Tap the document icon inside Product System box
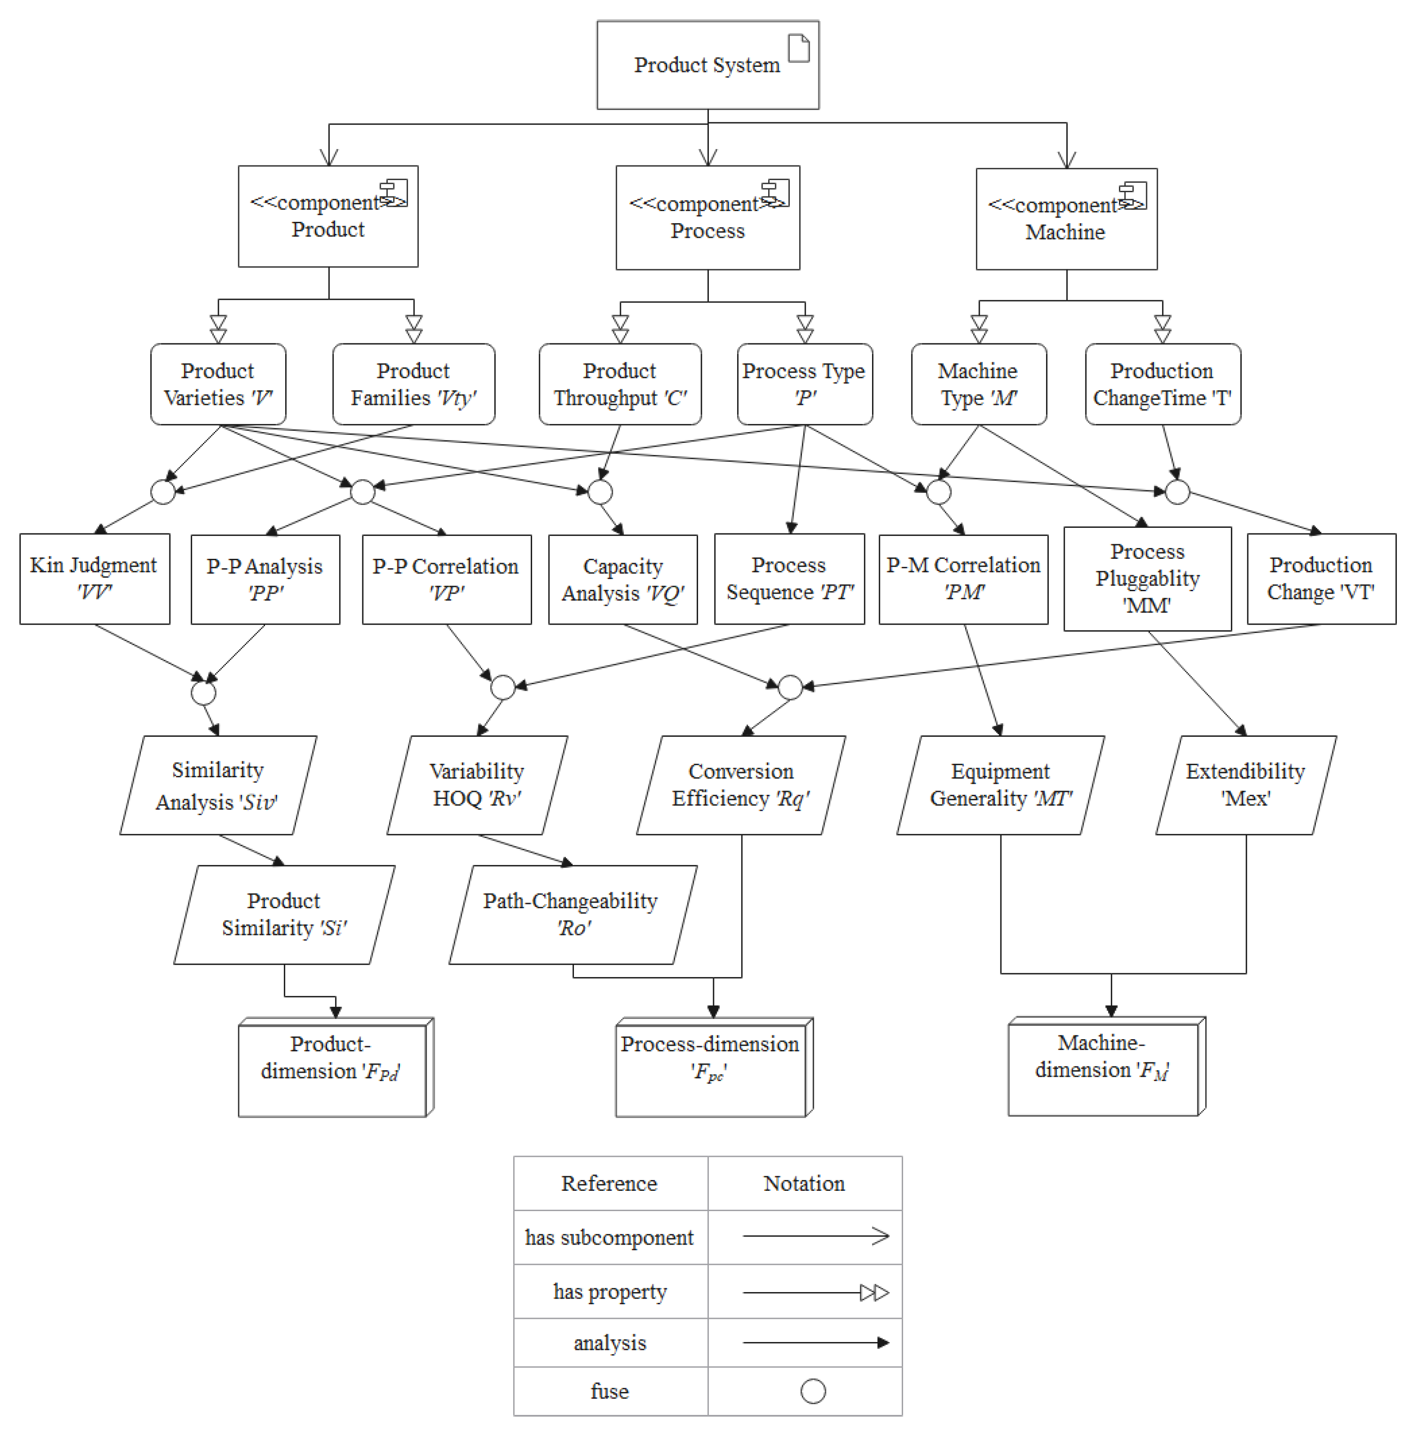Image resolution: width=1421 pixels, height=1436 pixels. coord(798,49)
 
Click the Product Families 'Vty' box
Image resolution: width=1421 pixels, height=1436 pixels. coord(413,384)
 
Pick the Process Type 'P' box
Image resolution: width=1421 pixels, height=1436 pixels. coord(804,384)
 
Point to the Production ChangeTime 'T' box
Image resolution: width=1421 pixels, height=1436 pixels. coord(1162,384)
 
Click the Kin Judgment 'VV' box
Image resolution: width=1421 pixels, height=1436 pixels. coord(94,579)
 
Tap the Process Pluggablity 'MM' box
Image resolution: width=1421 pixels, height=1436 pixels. coord(1147,579)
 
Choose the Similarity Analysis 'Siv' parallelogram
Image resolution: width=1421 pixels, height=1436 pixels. coord(218,785)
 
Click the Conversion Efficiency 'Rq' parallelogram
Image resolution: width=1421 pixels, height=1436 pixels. coord(740,785)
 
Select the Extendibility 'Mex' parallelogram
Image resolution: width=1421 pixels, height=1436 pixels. coord(1246,785)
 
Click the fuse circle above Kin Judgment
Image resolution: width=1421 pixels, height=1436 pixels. coord(163,492)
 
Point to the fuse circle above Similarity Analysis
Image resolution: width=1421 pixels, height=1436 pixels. coord(203,693)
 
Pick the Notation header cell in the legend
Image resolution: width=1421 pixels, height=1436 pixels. coord(804,1183)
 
